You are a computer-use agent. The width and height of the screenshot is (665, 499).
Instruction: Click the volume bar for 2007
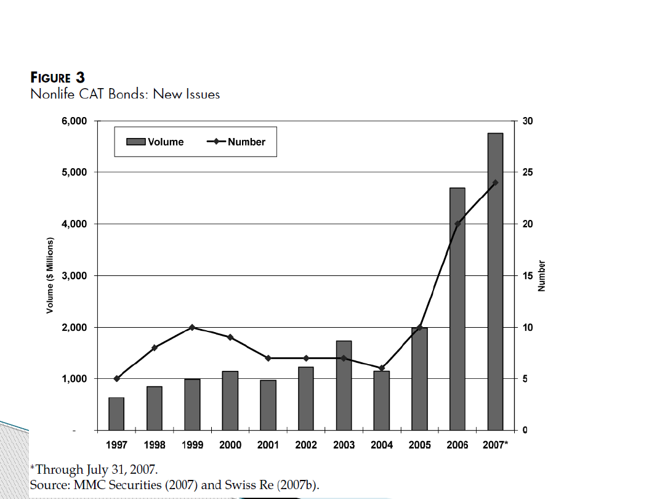495,281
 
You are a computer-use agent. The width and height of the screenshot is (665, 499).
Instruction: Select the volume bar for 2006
457,308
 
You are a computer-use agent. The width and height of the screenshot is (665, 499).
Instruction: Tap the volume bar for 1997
116,413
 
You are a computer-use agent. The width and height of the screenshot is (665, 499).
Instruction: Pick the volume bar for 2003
344,385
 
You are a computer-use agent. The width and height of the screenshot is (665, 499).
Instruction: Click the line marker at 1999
192,327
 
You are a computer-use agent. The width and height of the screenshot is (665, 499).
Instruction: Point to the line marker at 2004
382,368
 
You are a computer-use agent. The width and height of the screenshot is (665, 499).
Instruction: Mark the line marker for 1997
116,378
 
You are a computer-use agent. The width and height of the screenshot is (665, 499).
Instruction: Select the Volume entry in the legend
155,142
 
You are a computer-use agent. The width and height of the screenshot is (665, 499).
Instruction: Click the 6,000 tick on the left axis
74,121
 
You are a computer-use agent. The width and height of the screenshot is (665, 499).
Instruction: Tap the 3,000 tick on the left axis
74,275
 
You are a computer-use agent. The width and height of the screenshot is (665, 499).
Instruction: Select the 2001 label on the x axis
268,445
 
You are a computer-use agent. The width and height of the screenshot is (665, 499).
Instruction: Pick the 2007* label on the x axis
496,445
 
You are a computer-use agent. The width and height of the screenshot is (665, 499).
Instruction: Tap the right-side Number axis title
542,275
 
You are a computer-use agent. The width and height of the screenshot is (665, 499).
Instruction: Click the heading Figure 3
58,78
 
